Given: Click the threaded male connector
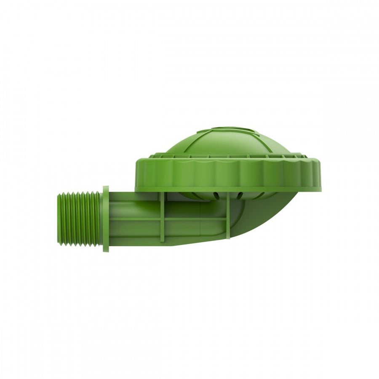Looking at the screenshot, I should click(x=79, y=219).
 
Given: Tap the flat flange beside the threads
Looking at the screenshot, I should click(x=106, y=219).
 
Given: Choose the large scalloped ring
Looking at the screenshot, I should click(x=228, y=175).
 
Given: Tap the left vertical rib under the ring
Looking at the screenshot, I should click(x=162, y=217).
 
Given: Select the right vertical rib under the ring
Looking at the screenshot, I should click(x=228, y=217).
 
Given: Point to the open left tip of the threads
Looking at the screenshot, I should click(x=59, y=219).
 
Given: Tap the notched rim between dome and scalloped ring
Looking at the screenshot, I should click(x=227, y=156).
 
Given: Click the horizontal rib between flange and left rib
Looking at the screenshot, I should click(x=135, y=219).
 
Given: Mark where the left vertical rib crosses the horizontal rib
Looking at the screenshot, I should click(x=162, y=219).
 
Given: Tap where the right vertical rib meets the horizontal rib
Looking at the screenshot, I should click(x=228, y=219).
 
